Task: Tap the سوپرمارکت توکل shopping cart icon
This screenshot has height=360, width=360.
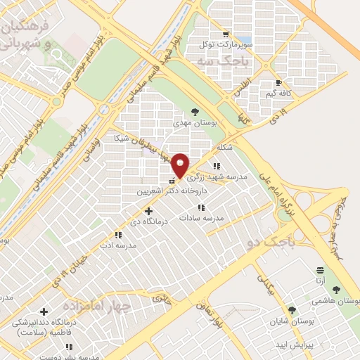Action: pyautogui.click(x=225, y=33)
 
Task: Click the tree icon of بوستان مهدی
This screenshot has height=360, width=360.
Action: pyautogui.click(x=195, y=111)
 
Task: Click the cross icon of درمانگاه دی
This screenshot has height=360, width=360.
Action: pyautogui.click(x=148, y=210)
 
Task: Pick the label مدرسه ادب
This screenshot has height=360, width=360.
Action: pyautogui.click(x=117, y=245)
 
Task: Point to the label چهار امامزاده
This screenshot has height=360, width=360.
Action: pyautogui.click(x=97, y=307)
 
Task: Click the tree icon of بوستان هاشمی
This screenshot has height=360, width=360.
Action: pyautogui.click(x=336, y=289)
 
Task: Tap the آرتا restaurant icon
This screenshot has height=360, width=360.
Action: pyautogui.click(x=321, y=269)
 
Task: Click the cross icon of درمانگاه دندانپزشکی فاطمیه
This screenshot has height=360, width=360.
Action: pyautogui.click(x=44, y=311)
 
